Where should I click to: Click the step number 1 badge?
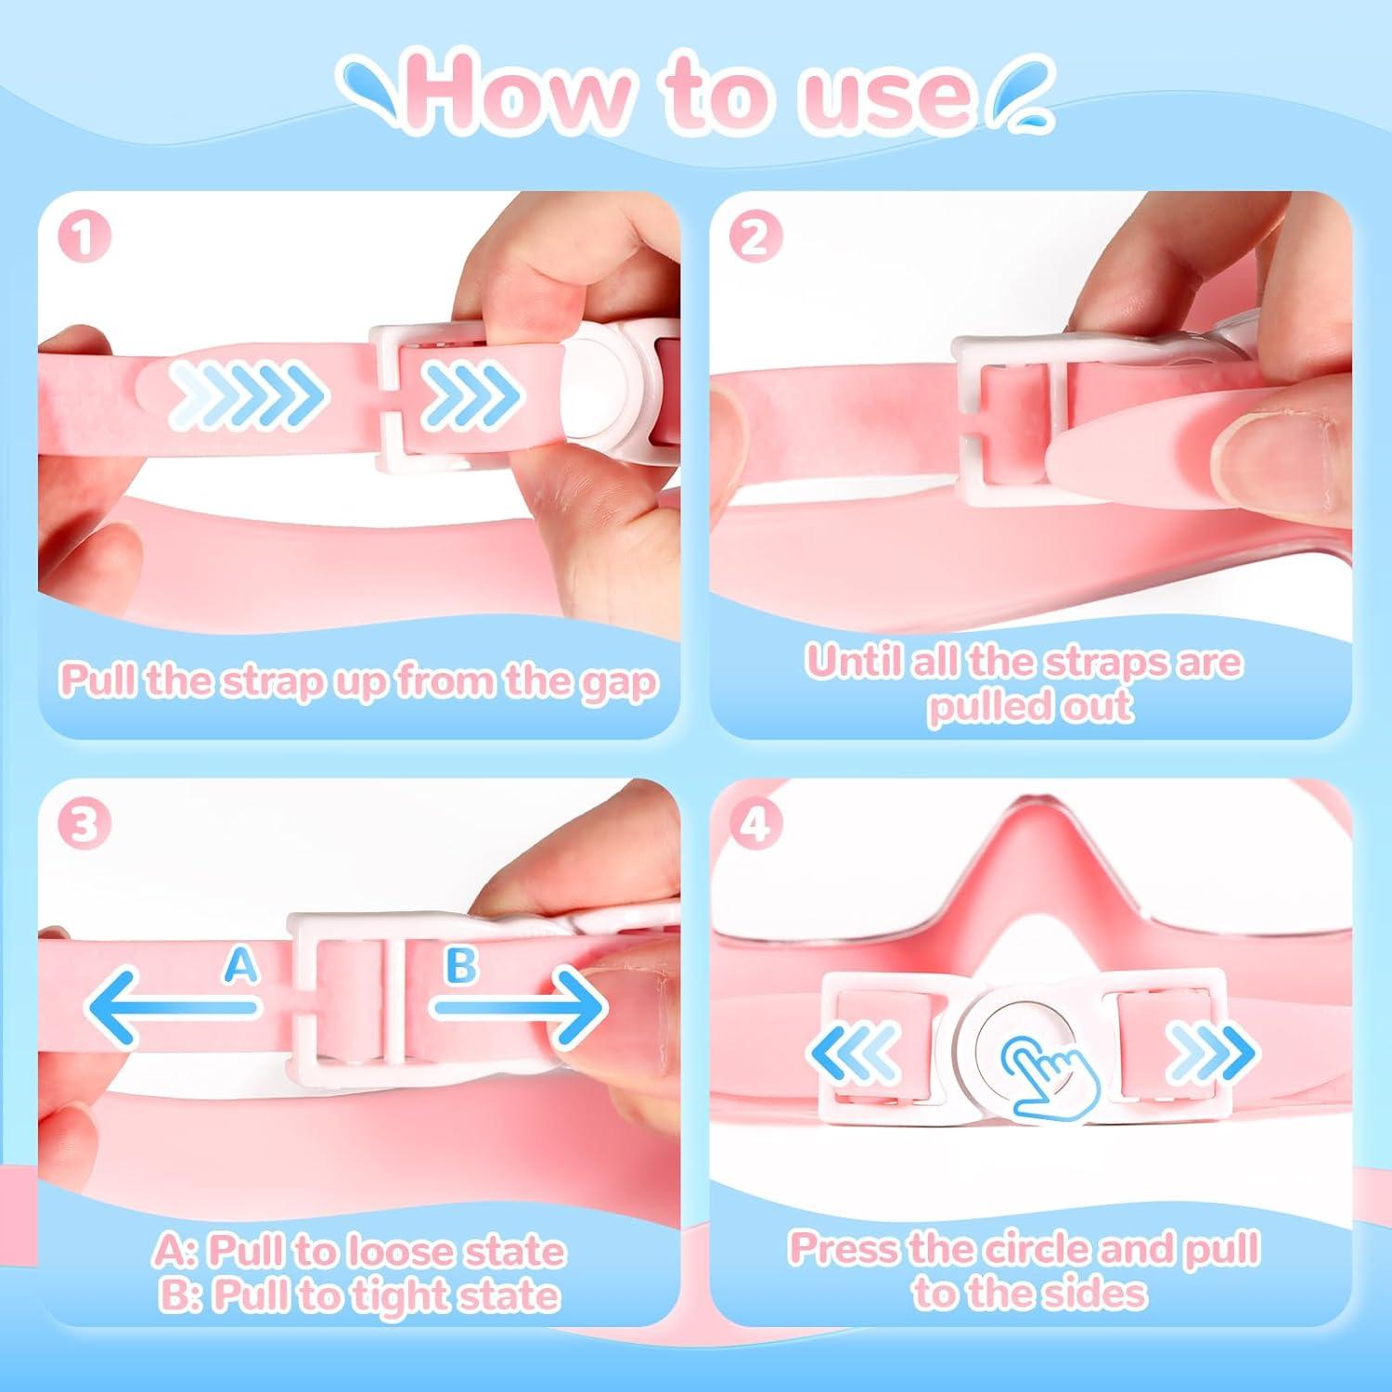[x=84, y=237]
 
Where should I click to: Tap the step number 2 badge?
[x=755, y=237]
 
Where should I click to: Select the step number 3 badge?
[x=84, y=823]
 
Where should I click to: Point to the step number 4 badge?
[x=755, y=823]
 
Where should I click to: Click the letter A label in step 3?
[x=241, y=966]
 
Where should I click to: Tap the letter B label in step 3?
[x=461, y=966]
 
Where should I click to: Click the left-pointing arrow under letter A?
[x=173, y=1007]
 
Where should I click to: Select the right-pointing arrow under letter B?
[x=520, y=1007]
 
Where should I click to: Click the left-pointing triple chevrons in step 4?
[x=855, y=1053]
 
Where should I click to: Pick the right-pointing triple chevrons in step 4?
[x=1211, y=1053]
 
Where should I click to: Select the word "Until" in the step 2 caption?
[x=853, y=662]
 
